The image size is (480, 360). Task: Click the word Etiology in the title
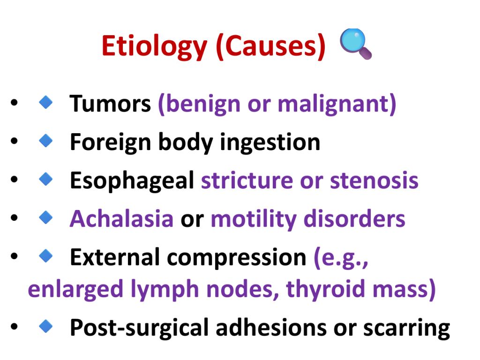pos(154,46)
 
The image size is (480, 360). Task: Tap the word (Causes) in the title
pos(270,46)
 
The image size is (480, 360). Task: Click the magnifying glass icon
pos(355,44)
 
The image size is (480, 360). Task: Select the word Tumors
pos(110,104)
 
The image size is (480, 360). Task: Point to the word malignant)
pos(337,105)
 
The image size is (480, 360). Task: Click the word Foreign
pos(111,142)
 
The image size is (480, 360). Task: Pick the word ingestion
pos(270,142)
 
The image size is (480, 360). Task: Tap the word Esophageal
pos(132,181)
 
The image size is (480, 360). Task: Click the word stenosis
pos(374,180)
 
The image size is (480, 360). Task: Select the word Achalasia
pos(122,218)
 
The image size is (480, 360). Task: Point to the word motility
pos(254,219)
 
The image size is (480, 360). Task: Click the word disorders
pos(354,218)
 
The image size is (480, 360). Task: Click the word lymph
pos(165,289)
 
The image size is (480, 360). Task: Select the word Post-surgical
pos(139,328)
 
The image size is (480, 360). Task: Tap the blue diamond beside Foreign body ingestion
pos(46,141)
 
